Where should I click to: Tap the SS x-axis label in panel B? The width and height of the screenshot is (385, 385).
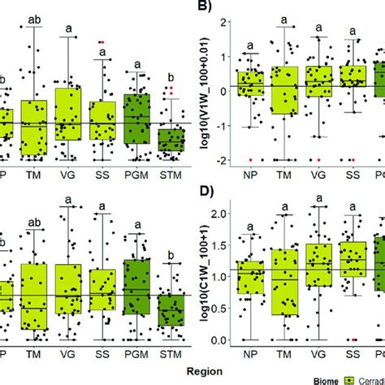[x=353, y=175]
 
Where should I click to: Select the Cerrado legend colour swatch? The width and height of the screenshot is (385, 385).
[x=350, y=377]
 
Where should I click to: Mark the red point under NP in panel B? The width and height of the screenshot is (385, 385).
[x=251, y=159]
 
